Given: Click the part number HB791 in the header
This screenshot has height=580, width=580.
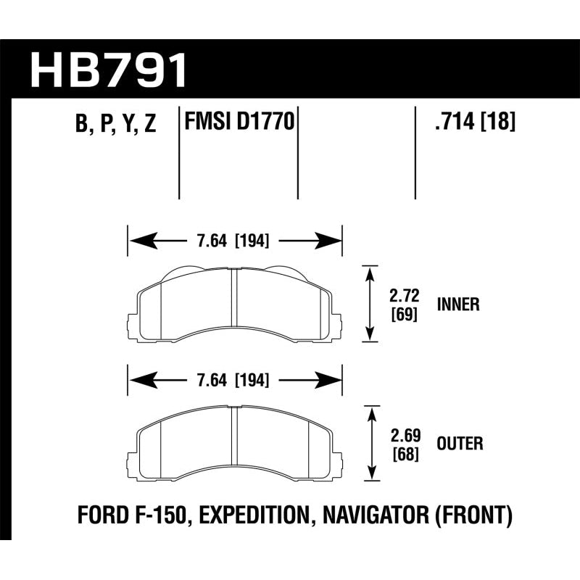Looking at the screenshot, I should (x=109, y=70).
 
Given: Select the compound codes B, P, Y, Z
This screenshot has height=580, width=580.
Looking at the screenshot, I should (x=115, y=124).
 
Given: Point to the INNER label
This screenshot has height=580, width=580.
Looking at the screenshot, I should (x=458, y=304).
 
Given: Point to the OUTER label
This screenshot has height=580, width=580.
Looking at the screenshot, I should (x=460, y=442).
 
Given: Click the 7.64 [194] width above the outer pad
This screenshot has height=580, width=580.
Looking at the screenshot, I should (x=234, y=379).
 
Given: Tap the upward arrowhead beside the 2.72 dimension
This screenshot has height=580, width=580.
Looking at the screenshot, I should (x=371, y=272).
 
